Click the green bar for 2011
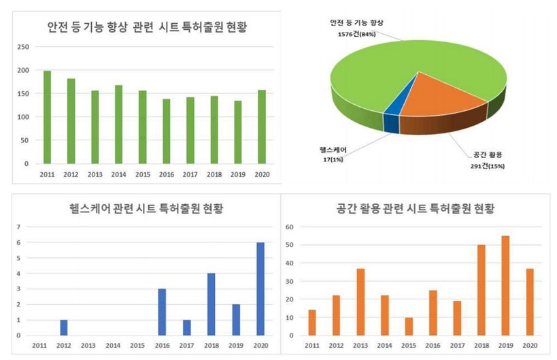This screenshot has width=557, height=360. point(47,117)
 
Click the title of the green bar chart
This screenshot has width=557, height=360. point(146,27)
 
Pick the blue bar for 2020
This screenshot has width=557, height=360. point(260,289)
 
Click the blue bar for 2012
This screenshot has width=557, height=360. point(63,327)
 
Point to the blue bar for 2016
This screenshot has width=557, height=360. point(163,312)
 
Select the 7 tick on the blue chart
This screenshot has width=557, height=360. point(29,227)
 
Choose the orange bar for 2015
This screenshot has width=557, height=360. point(409,326)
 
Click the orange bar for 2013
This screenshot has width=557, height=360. point(360,301)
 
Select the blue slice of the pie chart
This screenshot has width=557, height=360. point(392,116)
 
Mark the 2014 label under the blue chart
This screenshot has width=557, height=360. point(112,345)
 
